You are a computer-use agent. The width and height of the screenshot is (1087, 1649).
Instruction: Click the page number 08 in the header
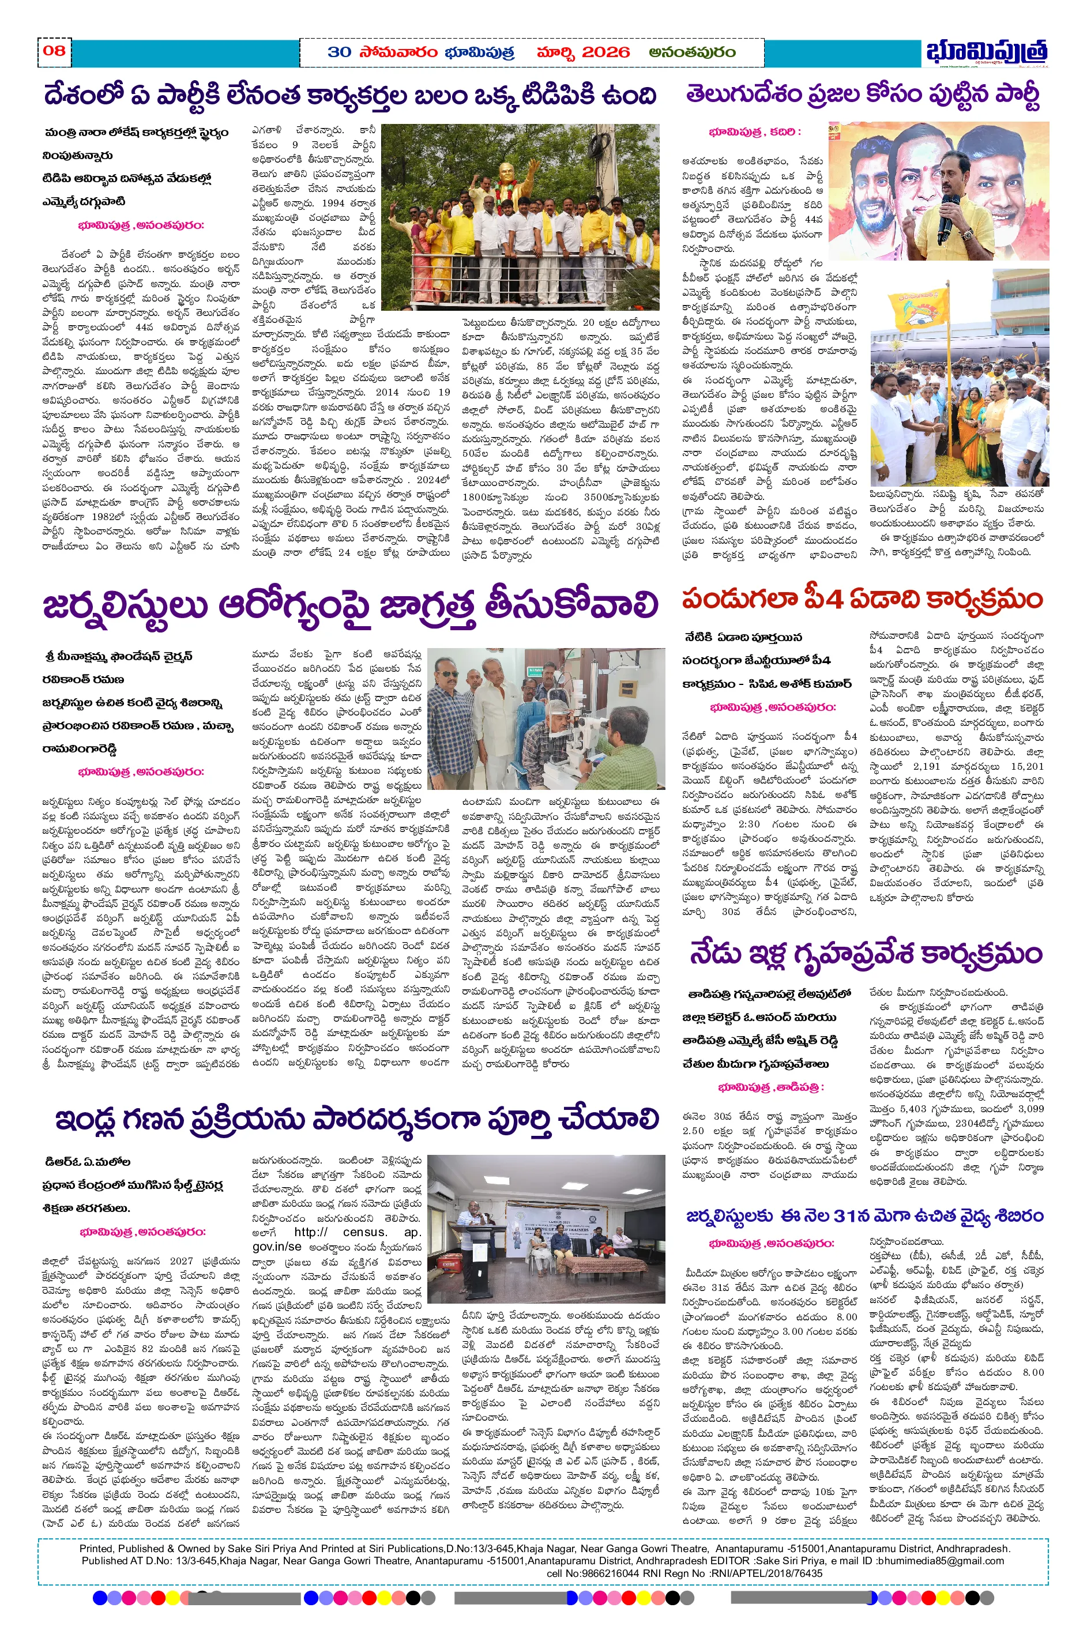54,51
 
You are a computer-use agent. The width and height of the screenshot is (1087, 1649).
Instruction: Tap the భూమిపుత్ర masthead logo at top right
986,52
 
